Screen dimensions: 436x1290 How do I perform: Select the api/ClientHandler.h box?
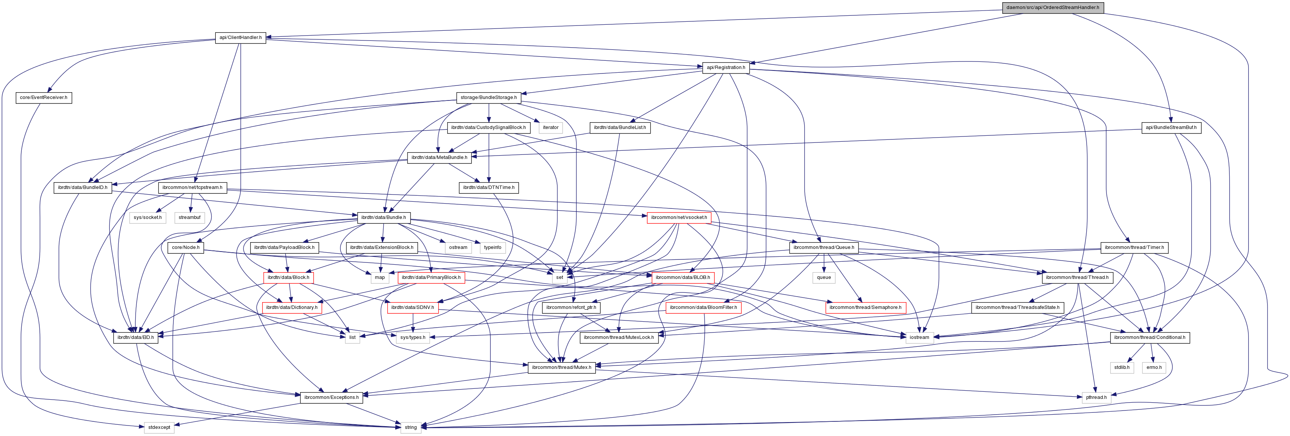coord(240,37)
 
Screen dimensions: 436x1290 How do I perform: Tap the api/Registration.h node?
coord(726,67)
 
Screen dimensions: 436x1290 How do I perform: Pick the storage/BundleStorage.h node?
coord(488,97)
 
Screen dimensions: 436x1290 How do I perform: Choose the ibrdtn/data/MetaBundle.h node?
coord(439,157)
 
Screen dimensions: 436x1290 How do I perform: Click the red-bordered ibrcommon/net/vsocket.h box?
coord(679,217)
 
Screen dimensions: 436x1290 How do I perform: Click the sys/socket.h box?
coord(147,217)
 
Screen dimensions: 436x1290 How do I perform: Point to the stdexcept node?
coord(159,427)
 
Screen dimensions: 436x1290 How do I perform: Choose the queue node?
coord(824,277)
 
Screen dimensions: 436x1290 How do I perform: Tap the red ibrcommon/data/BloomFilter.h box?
coord(703,307)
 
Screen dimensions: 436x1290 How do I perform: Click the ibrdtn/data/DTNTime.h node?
coord(488,187)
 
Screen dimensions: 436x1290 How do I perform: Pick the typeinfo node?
coord(492,247)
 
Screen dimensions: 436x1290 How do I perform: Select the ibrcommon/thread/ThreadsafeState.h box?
coord(1017,307)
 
